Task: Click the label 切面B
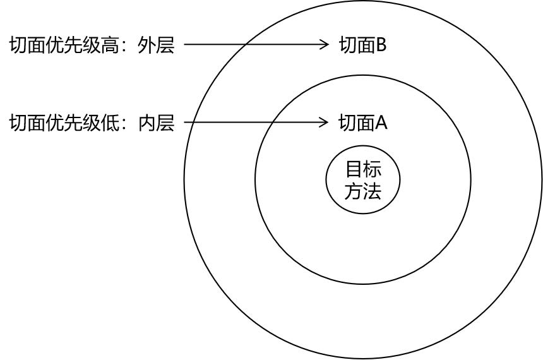pyautogui.click(x=362, y=45)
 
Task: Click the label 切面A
pyautogui.click(x=362, y=123)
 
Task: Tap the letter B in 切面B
pyautogui.click(x=381, y=45)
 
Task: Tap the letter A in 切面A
pyautogui.click(x=381, y=123)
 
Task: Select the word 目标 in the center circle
pyautogui.click(x=363, y=169)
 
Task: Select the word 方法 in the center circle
pyautogui.click(x=363, y=191)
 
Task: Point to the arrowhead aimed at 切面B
pyautogui.click(x=324, y=44)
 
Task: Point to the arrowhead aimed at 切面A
pyautogui.click(x=324, y=122)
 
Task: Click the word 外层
pyautogui.click(x=156, y=45)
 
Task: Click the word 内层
pyautogui.click(x=156, y=123)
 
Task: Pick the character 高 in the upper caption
pyautogui.click(x=110, y=45)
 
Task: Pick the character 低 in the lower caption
pyautogui.click(x=110, y=123)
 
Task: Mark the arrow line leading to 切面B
pyautogui.click(x=256, y=44)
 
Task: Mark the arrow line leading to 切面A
pyautogui.click(x=256, y=122)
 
